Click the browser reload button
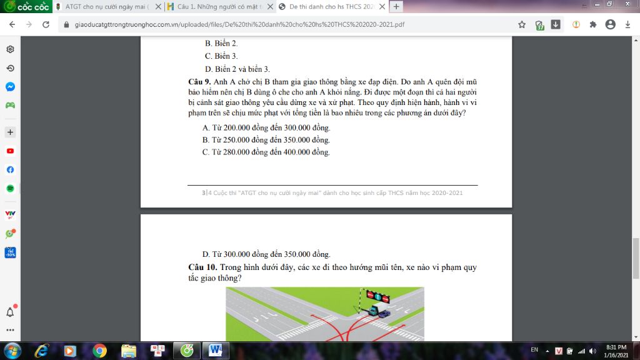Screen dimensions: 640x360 click(46, 24)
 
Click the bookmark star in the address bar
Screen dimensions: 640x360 click(522, 24)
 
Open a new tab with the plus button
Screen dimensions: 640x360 click(396, 6)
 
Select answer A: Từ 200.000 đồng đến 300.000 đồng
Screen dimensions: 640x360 click(266, 127)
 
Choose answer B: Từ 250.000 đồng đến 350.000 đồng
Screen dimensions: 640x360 click(266, 140)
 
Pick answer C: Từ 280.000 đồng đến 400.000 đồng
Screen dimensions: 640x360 click(266, 152)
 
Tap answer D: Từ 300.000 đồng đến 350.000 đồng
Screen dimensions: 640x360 click(266, 254)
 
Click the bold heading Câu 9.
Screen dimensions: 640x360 click(199, 82)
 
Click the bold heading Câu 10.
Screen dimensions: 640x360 click(202, 267)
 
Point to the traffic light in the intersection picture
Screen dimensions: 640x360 click(377, 296)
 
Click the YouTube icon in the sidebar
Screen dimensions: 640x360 click(10, 151)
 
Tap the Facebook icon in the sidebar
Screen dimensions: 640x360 click(10, 170)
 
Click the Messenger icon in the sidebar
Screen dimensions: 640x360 click(10, 86)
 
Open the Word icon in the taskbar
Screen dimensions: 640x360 click(216, 350)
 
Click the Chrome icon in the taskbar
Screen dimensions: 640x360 click(99, 351)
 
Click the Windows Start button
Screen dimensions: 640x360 click(12, 351)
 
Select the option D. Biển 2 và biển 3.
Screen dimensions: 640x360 click(237, 69)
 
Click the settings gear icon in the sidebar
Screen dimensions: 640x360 click(10, 49)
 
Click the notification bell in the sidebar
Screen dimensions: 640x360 click(10, 312)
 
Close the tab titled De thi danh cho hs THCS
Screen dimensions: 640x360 click(382, 6)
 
